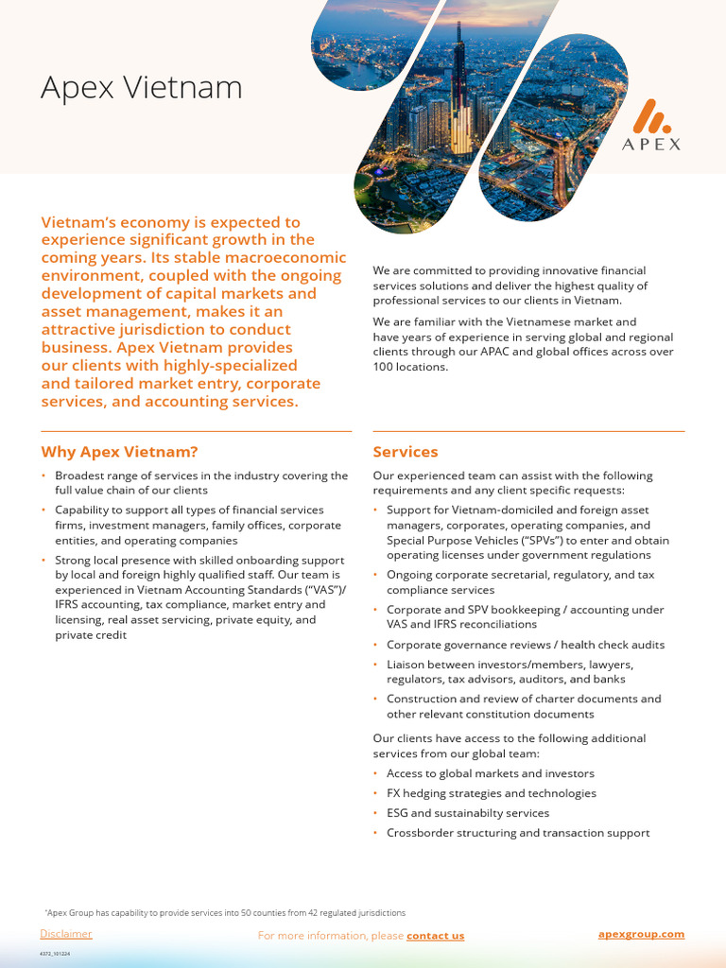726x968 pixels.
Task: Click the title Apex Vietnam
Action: [x=141, y=88]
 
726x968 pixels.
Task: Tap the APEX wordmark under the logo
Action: [x=651, y=145]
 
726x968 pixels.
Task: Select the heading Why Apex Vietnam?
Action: [x=119, y=452]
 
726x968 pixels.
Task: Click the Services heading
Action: [x=406, y=452]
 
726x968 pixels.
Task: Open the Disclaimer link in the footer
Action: [x=66, y=934]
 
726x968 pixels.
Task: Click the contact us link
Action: [x=435, y=936]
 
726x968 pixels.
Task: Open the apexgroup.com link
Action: [x=641, y=934]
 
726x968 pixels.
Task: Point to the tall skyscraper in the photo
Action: [x=460, y=95]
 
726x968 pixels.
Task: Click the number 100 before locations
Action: [x=385, y=367]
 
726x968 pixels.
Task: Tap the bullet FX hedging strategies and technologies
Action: [x=491, y=793]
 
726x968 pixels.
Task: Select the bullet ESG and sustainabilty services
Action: [x=467, y=813]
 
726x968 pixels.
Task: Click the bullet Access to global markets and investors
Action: [x=490, y=773]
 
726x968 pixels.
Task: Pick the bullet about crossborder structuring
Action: [x=517, y=833]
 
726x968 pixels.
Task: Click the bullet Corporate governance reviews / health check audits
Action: [x=525, y=645]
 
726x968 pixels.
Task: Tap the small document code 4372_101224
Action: [x=55, y=954]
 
